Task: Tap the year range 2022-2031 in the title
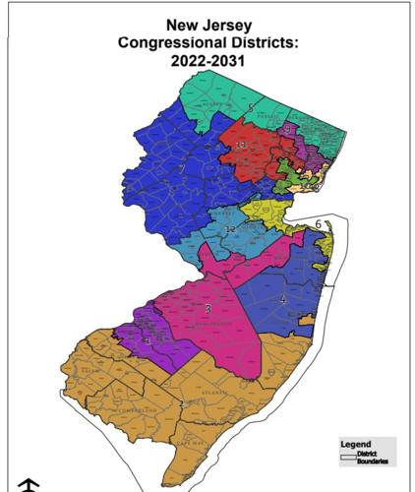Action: coord(207,61)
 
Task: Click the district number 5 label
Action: coord(251,107)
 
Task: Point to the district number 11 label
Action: coord(241,146)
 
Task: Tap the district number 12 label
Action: coord(230,229)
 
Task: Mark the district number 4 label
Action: coord(283,299)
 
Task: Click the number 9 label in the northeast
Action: coord(286,129)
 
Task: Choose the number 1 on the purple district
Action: coord(146,340)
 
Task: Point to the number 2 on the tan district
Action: coord(181,404)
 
